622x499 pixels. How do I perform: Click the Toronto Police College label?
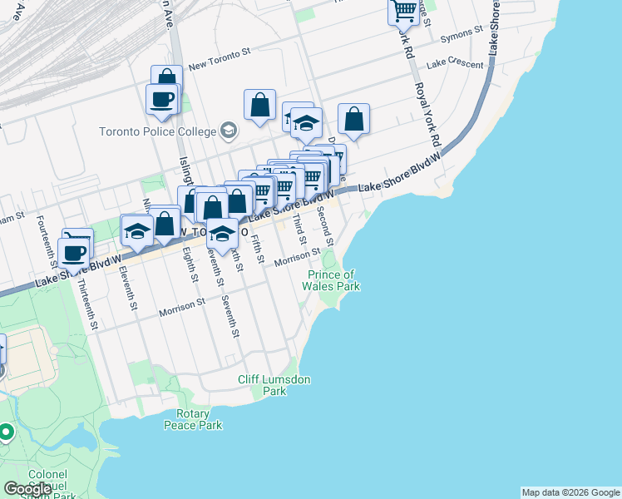[x=156, y=132]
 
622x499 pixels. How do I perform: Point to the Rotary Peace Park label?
[x=200, y=420]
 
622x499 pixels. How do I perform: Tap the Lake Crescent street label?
[x=454, y=63]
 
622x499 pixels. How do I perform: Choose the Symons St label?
[x=462, y=35]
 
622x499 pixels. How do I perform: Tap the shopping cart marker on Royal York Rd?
[x=403, y=11]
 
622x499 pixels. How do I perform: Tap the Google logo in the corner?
[x=27, y=489]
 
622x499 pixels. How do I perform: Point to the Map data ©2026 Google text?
[x=570, y=492]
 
